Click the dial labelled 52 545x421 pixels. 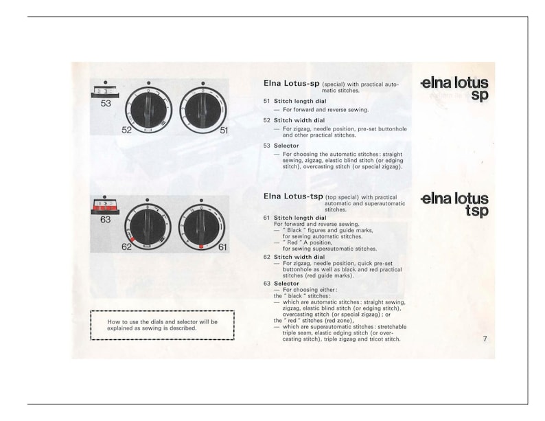(x=148, y=110)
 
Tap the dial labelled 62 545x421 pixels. (x=148, y=227)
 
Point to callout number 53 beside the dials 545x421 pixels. (x=106, y=104)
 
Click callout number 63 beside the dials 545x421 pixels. (x=106, y=220)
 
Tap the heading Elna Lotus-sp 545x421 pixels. (x=292, y=83)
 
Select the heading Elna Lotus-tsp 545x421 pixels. (x=293, y=196)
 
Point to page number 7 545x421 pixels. (x=485, y=338)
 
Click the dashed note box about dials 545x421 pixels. (x=162, y=325)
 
